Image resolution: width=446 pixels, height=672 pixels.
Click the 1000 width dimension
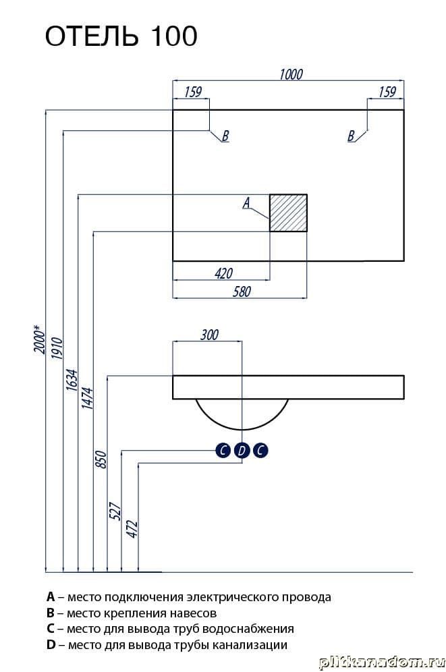[290, 74]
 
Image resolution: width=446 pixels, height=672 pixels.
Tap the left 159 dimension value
[192, 92]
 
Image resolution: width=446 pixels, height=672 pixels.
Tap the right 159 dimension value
[387, 92]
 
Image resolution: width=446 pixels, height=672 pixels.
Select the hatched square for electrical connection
[289, 213]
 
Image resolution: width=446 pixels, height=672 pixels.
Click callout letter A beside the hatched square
[246, 202]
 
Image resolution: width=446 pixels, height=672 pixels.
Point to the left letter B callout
[225, 136]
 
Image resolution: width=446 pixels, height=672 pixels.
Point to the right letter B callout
[351, 136]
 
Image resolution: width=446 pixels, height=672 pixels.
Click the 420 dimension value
[223, 273]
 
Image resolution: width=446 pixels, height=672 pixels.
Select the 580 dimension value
[241, 291]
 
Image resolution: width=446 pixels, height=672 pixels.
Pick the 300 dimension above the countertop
[209, 335]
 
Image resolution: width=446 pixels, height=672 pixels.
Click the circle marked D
[242, 451]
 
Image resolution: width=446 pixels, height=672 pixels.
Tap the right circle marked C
[260, 451]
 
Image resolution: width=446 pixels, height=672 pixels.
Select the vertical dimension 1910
[56, 351]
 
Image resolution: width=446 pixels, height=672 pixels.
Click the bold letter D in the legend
[51, 645]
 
